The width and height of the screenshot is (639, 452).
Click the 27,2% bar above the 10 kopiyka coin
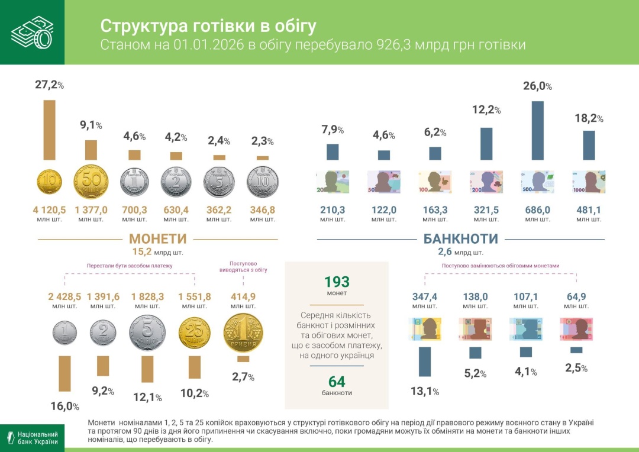tap(49, 130)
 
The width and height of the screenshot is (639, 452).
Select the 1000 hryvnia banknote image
tap(589, 182)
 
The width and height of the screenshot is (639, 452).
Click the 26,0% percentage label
tap(537, 86)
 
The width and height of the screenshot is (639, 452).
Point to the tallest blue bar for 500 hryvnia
tap(537, 130)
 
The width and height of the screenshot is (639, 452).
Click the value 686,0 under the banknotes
tap(537, 209)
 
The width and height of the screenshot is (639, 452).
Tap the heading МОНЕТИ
tap(157, 239)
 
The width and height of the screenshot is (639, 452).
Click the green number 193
tap(337, 282)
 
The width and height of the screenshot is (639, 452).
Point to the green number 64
tap(337, 382)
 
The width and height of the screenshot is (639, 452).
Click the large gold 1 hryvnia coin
tap(243, 333)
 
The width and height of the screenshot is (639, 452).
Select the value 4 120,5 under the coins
tap(49, 209)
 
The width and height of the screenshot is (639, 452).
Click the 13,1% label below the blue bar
tap(424, 391)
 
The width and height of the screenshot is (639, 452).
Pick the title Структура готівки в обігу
tap(208, 26)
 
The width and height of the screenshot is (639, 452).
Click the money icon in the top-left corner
tap(32, 32)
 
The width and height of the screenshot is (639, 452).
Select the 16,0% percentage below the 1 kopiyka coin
tap(64, 406)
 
